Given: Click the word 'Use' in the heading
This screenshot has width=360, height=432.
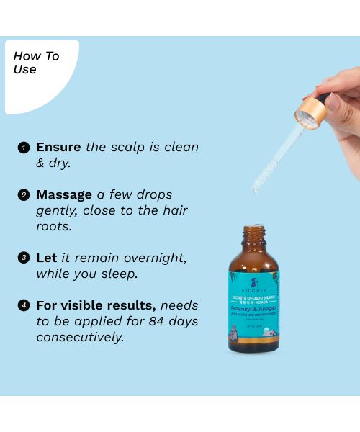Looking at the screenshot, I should [25, 70].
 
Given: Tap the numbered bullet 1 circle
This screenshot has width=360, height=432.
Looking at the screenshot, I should [24, 147].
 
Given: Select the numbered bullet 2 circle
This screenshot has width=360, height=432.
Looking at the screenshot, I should [24, 194].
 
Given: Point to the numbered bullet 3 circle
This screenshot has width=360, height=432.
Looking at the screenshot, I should [24, 258].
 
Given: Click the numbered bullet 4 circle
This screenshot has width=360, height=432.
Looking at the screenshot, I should [24, 305].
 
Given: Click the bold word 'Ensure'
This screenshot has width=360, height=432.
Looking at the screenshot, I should [59, 147].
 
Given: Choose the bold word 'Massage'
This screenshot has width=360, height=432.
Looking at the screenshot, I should [64, 194].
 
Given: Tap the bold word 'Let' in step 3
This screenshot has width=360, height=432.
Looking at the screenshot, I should [47, 258].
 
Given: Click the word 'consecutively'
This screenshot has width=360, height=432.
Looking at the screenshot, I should [80, 337].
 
